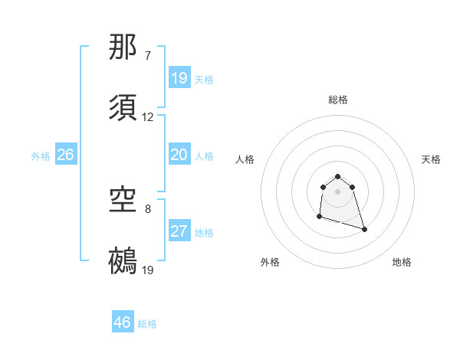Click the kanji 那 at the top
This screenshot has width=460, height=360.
[123, 47]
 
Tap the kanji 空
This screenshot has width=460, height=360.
[123, 201]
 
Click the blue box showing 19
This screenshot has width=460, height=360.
[179, 78]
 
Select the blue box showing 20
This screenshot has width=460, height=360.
[179, 155]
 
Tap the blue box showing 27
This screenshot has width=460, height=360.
[179, 231]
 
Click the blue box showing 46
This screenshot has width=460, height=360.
[123, 322]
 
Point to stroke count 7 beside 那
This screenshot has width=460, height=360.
[148, 56]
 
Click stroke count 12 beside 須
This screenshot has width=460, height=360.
[148, 117]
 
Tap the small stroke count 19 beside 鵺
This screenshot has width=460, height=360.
[148, 270]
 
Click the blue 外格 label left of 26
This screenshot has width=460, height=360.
[41, 156]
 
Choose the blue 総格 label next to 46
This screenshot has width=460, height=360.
[147, 324]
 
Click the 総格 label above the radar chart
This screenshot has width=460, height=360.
[338, 100]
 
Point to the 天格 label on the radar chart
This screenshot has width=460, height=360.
[432, 159]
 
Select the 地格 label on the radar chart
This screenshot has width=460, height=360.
[402, 262]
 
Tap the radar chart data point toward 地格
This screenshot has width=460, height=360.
[364, 229]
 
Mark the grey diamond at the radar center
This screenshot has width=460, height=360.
[338, 191]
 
